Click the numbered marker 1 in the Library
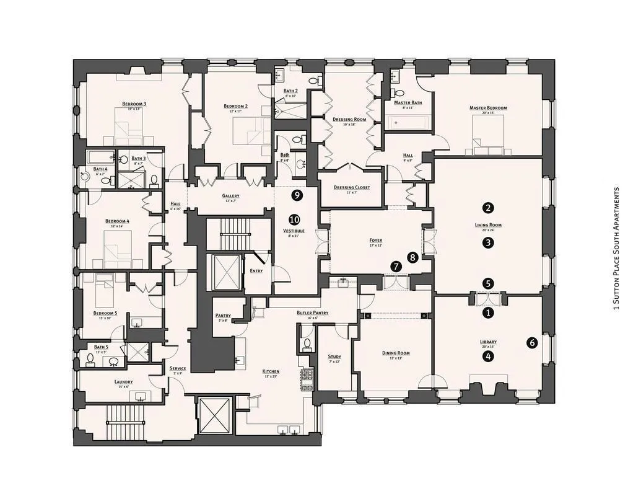489,313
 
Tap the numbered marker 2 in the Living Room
489,208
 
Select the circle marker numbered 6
531,342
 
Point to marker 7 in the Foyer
396,265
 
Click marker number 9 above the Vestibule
297,195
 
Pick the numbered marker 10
294,219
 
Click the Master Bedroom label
488,108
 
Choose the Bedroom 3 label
134,104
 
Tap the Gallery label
230,196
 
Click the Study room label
334,356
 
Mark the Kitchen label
271,371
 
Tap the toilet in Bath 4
105,181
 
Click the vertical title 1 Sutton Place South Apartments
616,248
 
